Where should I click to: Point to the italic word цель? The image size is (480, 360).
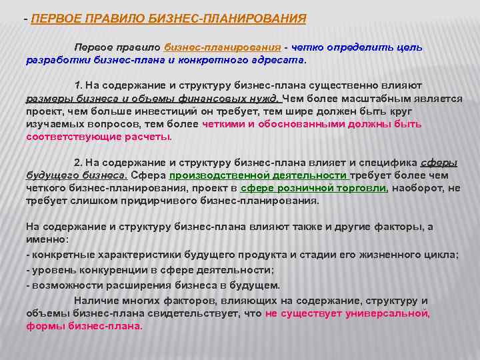[x=408, y=47]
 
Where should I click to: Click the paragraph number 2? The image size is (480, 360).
[x=77, y=163]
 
